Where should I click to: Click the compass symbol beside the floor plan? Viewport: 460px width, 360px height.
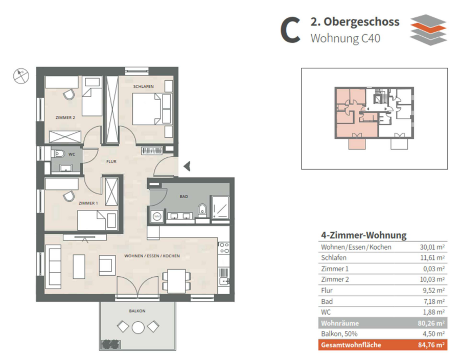click(21, 76)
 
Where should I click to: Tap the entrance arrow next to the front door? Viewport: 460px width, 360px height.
click(187, 166)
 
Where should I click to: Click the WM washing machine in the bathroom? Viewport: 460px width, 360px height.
click(157, 217)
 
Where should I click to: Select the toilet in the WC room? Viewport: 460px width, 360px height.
click(59, 153)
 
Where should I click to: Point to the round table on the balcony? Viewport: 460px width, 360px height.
click(138, 327)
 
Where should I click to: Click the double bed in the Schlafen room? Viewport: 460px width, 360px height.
click(147, 109)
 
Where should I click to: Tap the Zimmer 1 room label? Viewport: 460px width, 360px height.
click(88, 203)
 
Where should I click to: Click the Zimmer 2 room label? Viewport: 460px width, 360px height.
click(65, 117)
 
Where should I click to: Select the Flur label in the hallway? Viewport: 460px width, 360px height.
click(111, 161)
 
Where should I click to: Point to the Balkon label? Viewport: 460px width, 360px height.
click(137, 311)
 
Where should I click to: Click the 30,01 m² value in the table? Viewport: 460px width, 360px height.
click(432, 247)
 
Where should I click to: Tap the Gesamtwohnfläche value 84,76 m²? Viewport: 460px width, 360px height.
click(431, 345)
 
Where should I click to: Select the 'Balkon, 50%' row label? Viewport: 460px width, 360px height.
click(339, 334)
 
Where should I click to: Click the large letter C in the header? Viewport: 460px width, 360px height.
click(290, 30)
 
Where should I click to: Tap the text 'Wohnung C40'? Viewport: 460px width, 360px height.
click(346, 38)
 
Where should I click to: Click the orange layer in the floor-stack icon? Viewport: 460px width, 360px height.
click(428, 29)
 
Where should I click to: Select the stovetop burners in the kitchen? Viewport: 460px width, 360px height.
click(224, 248)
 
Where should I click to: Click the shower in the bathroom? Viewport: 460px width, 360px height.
click(220, 207)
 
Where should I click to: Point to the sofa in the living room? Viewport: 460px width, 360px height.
click(53, 267)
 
